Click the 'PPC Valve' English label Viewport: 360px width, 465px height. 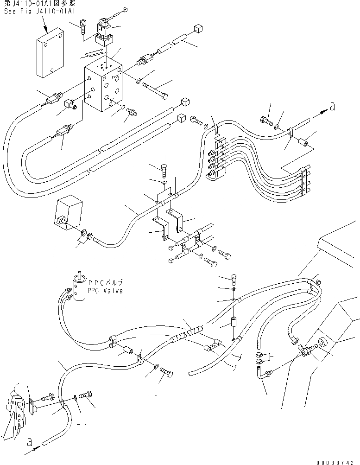point(105,291)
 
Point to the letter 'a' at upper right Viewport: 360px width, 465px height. point(332,107)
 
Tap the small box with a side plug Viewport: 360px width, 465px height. point(69,213)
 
